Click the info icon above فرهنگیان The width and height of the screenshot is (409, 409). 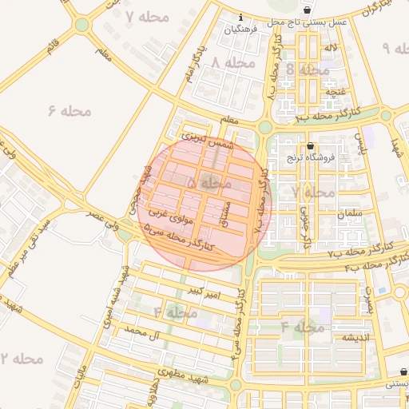pos(240,17)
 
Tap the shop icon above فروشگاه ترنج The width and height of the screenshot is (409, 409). pos(310,145)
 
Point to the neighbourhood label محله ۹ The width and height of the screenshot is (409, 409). pos(397,48)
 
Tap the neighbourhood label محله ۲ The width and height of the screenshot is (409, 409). pos(21,358)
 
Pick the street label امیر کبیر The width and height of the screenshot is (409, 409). pos(203,292)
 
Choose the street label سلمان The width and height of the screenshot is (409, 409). pos(350,214)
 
